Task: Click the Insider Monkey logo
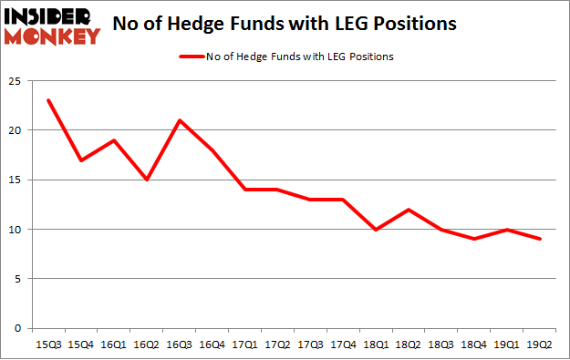point(51,25)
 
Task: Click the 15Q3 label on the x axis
point(48,345)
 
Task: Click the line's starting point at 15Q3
point(48,100)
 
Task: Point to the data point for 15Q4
point(80,159)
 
